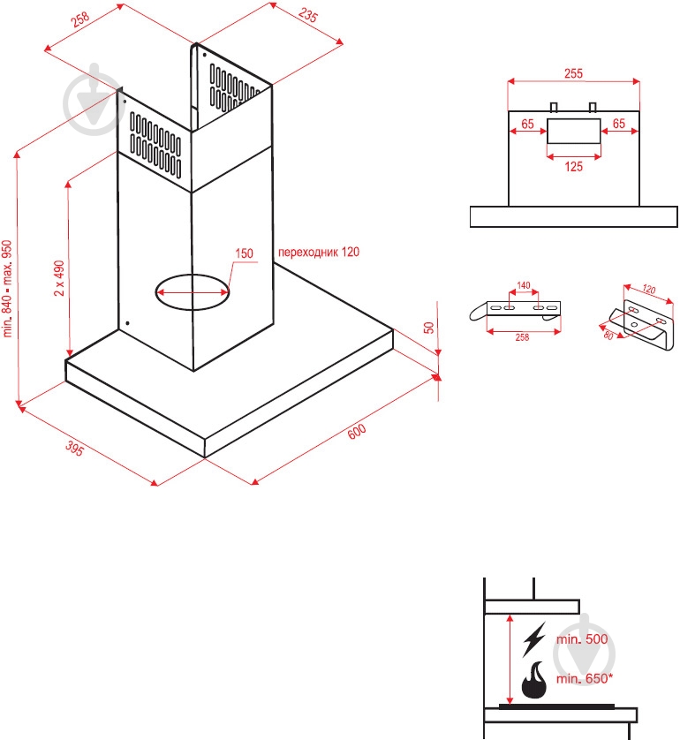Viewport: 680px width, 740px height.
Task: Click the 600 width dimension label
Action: click(x=357, y=431)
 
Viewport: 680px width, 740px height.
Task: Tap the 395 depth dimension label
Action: click(x=74, y=448)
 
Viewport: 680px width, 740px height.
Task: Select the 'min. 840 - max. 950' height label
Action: click(x=7, y=289)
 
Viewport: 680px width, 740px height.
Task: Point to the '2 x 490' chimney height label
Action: click(x=59, y=278)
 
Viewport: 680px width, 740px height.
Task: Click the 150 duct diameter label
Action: click(x=244, y=253)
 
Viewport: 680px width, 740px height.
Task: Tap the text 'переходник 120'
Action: click(x=319, y=252)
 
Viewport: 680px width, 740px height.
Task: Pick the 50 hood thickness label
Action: click(x=428, y=328)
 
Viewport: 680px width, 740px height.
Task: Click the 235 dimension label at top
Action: click(x=307, y=15)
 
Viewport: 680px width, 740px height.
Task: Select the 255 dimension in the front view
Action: click(x=573, y=73)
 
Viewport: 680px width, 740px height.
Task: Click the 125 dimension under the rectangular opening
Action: click(x=573, y=167)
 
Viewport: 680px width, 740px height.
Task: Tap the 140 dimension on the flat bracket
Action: click(x=524, y=285)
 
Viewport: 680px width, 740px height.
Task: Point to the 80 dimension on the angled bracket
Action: click(x=608, y=336)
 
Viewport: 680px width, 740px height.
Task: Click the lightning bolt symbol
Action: click(x=534, y=639)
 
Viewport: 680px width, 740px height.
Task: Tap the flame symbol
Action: click(x=534, y=680)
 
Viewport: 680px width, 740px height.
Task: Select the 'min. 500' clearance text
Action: click(x=582, y=639)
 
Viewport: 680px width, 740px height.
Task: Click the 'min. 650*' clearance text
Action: click(x=585, y=678)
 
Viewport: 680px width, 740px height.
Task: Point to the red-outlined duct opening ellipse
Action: click(x=193, y=275)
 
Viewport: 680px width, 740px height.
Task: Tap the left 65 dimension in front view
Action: click(x=527, y=124)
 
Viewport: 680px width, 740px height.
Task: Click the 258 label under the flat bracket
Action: click(x=522, y=337)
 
